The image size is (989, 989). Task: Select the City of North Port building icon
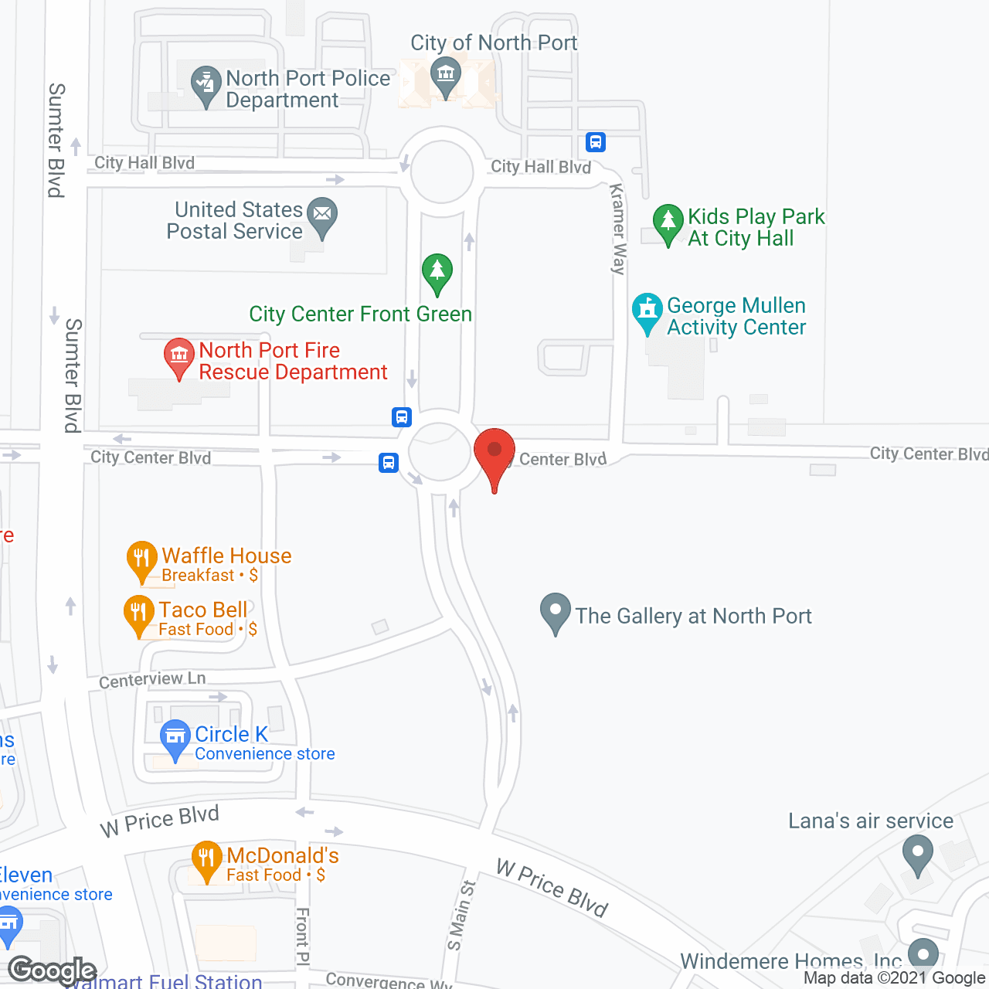(446, 75)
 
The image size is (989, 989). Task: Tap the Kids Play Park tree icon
(668, 223)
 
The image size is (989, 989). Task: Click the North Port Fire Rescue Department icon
(179, 356)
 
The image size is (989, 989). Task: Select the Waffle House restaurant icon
(141, 559)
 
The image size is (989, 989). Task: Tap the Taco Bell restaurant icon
(139, 613)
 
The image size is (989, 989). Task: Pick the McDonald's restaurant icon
(206, 858)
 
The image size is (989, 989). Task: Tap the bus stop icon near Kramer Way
(595, 142)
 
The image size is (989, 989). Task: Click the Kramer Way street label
(617, 229)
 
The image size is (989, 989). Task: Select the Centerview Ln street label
(152, 679)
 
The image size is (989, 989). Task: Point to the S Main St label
(461, 916)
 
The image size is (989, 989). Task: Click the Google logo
(53, 970)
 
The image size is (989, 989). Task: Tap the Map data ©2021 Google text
(895, 978)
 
